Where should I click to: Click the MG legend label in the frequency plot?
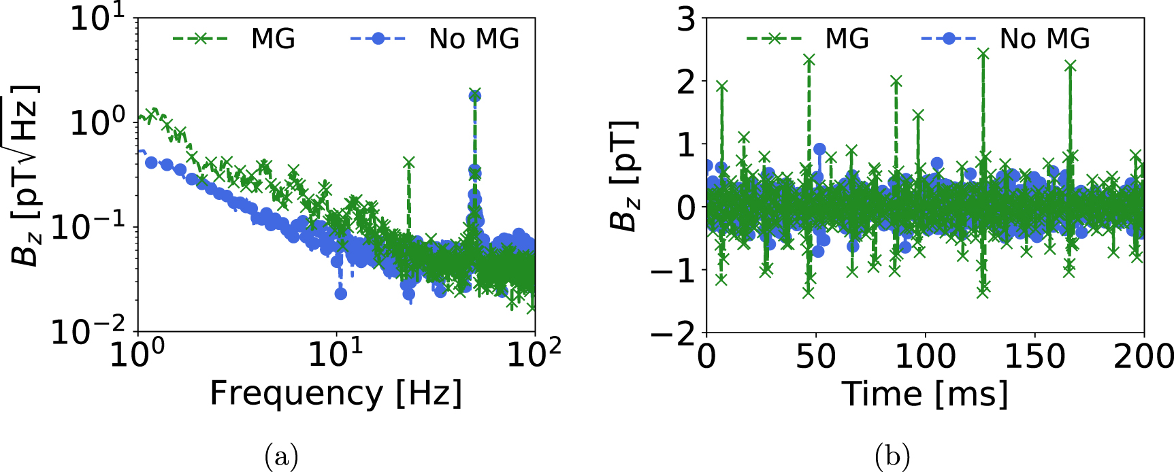pos(273,39)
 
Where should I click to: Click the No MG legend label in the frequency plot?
pos(474,39)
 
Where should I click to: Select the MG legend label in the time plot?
pos(847,39)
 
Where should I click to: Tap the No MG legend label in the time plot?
pos(1045,39)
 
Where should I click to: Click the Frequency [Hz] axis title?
pos(336,394)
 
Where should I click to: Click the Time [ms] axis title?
pos(925,394)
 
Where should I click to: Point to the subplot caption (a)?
pos(281,456)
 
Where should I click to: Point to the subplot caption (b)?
pos(892,456)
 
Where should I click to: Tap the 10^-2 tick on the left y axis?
pos(88,333)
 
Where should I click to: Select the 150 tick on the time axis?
pos(1034,356)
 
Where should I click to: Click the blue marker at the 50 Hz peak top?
pos(475,96)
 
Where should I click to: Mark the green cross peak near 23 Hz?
pos(408,162)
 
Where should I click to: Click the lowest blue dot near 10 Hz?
pos(341,293)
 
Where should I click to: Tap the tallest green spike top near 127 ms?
pos(983,53)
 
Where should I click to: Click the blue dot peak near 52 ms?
pos(819,149)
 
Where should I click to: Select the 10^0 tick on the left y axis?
pos(98,123)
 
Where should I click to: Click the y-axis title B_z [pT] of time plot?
pos(623,175)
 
